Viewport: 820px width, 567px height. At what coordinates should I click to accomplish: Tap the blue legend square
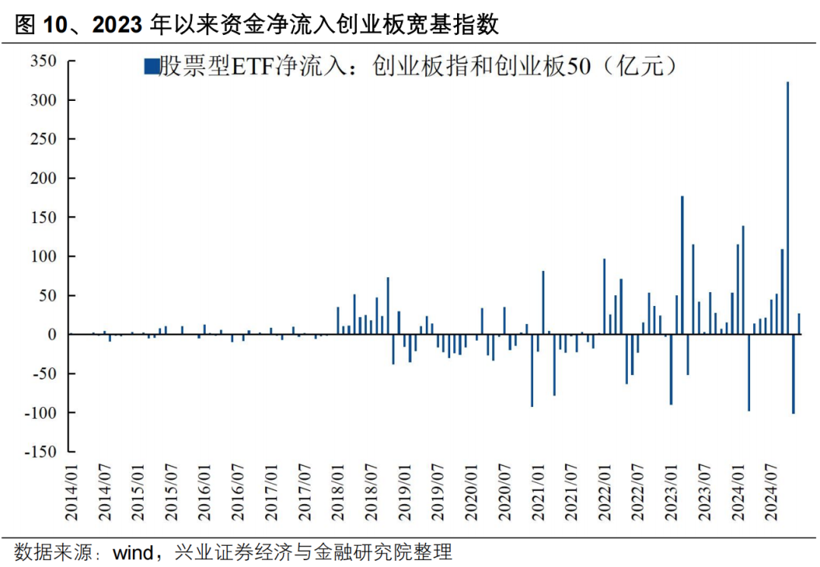click(x=151, y=67)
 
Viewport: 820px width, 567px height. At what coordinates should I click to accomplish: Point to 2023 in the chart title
click(x=117, y=24)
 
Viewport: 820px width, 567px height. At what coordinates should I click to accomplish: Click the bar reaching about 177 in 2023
click(x=682, y=265)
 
